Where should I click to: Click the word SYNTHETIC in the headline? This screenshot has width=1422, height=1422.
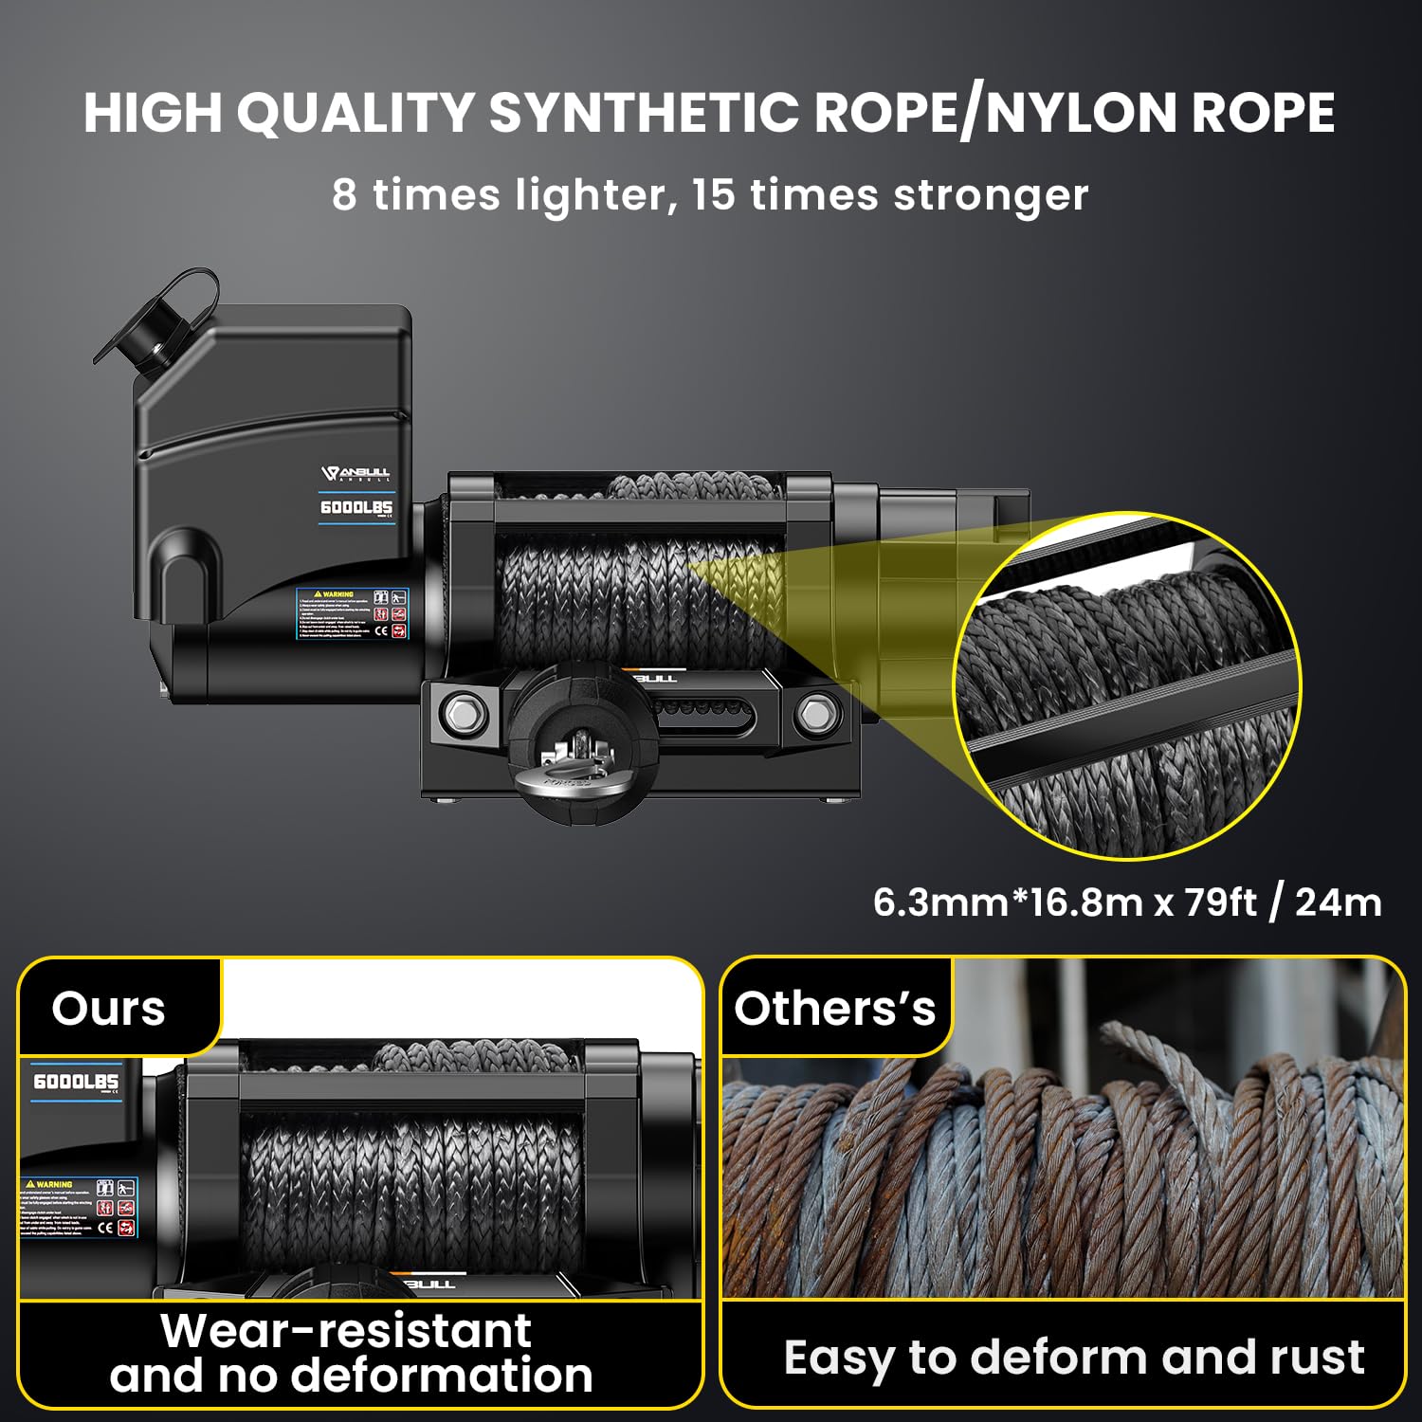643,113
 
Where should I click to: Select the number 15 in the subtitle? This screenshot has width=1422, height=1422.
713,194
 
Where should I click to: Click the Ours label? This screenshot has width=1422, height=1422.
108,1008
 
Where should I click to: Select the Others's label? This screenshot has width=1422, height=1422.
834,1008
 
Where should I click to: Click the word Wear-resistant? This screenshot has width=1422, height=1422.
346,1330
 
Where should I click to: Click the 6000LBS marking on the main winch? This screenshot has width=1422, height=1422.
355,508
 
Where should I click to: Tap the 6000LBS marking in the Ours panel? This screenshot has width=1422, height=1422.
76,1082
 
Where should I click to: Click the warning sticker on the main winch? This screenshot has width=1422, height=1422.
352,613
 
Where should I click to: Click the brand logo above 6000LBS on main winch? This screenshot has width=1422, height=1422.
355,473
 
